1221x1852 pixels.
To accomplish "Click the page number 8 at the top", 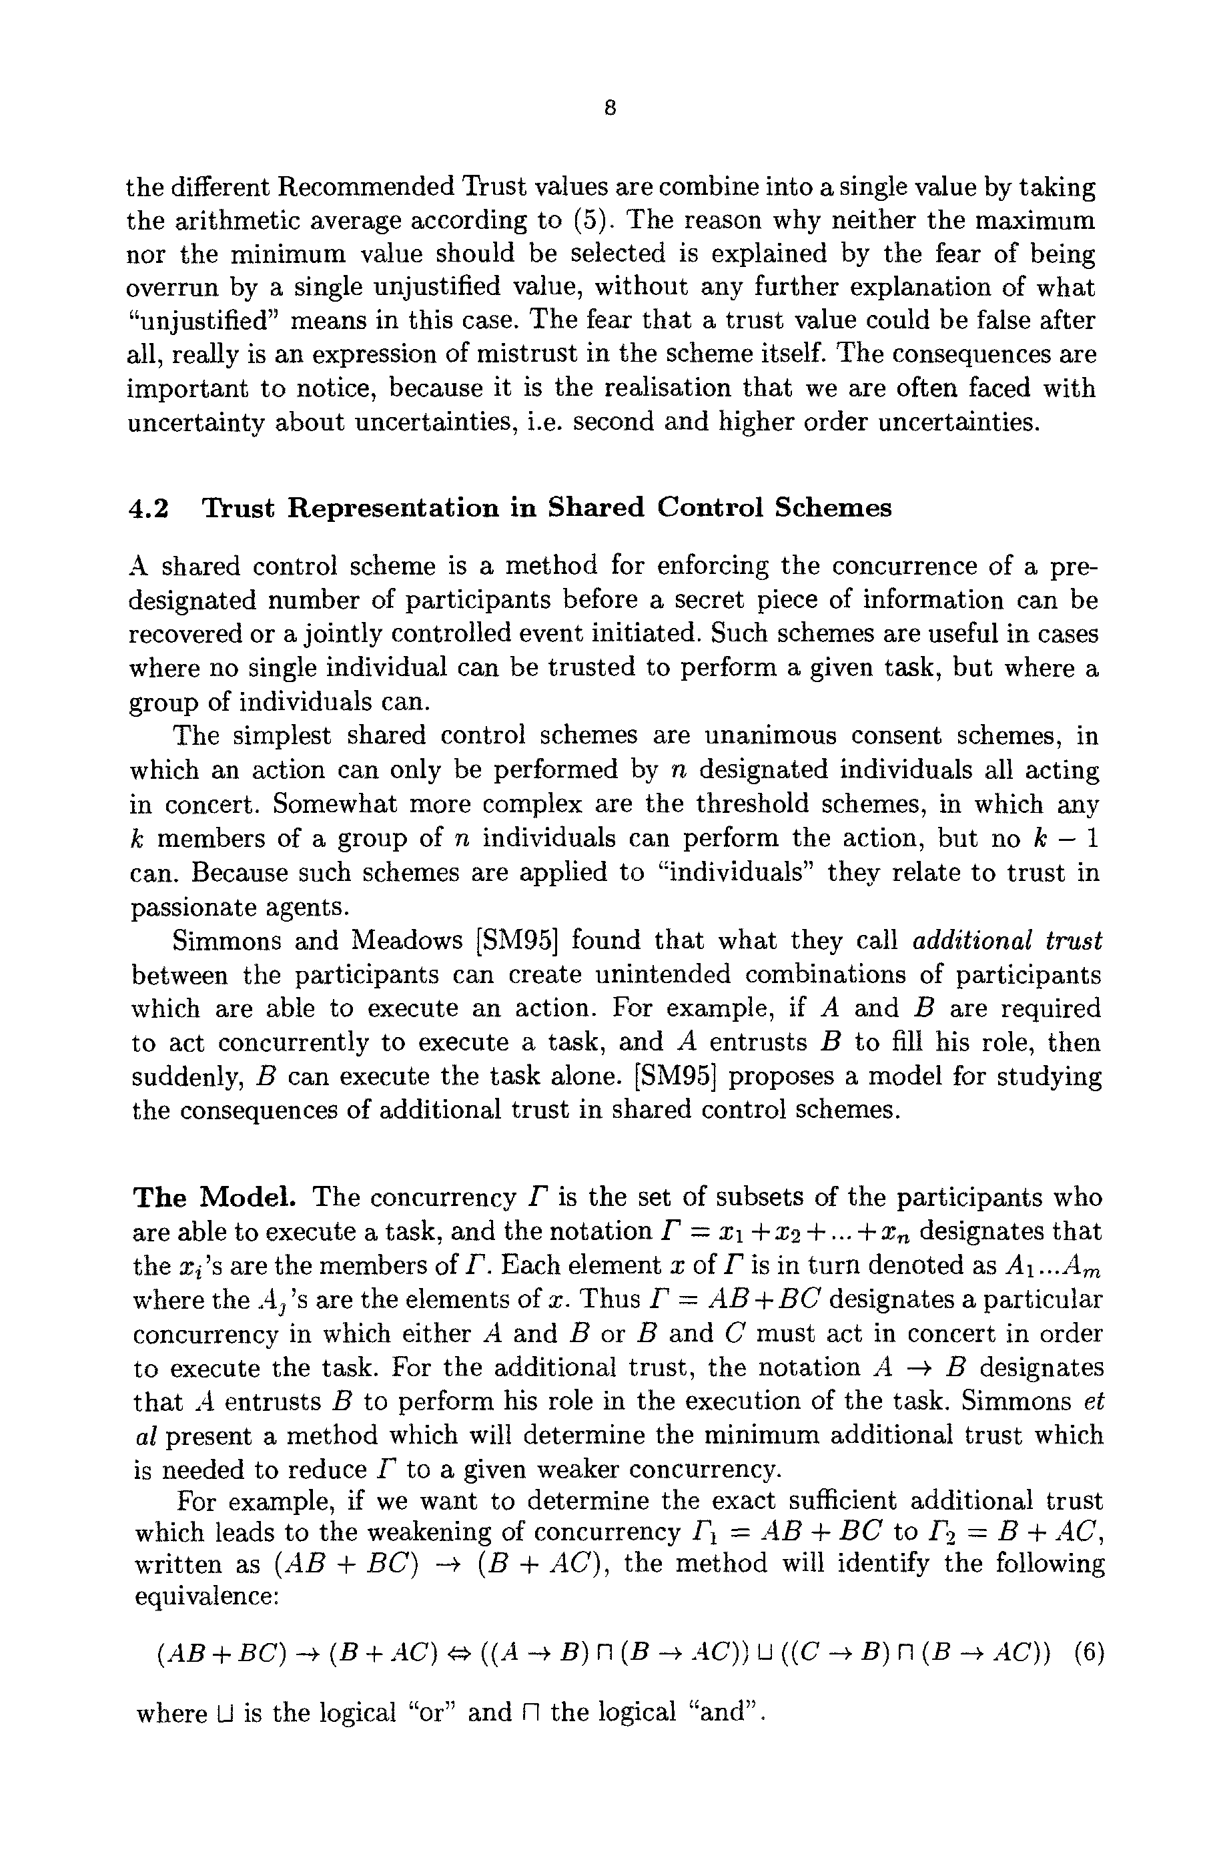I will [x=610, y=108].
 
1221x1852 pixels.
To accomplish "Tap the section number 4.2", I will [x=148, y=509].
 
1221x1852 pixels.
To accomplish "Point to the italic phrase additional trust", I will [x=1006, y=941].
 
